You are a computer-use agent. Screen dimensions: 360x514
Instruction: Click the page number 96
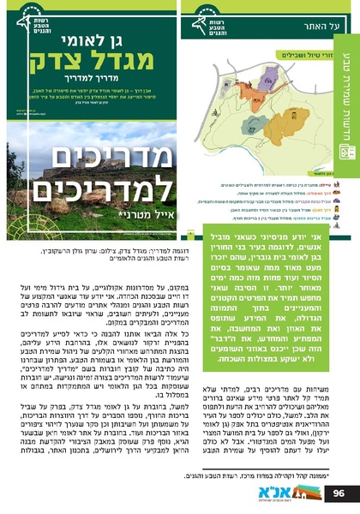click(338, 493)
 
